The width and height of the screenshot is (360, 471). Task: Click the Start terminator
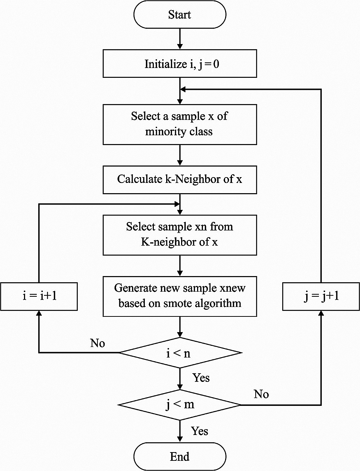180,15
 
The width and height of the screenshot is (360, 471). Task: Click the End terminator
180,456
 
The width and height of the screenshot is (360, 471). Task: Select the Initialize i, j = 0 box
180,64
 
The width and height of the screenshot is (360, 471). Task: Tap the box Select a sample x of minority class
180,124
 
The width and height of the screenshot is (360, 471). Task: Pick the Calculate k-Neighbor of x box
180,179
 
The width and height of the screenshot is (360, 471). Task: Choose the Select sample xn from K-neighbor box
180,235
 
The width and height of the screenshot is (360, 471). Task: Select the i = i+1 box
39,296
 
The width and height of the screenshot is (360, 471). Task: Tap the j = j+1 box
321,296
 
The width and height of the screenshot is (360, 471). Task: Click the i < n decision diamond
180,353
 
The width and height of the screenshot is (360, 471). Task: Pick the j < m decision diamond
180,404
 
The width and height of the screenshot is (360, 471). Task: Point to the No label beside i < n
97,343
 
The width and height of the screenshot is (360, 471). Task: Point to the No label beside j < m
261,394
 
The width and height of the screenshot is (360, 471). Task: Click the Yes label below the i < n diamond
201,378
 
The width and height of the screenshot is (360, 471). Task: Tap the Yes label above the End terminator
200,431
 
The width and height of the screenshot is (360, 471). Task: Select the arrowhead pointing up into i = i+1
39,314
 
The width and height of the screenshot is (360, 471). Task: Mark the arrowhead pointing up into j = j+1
321,314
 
